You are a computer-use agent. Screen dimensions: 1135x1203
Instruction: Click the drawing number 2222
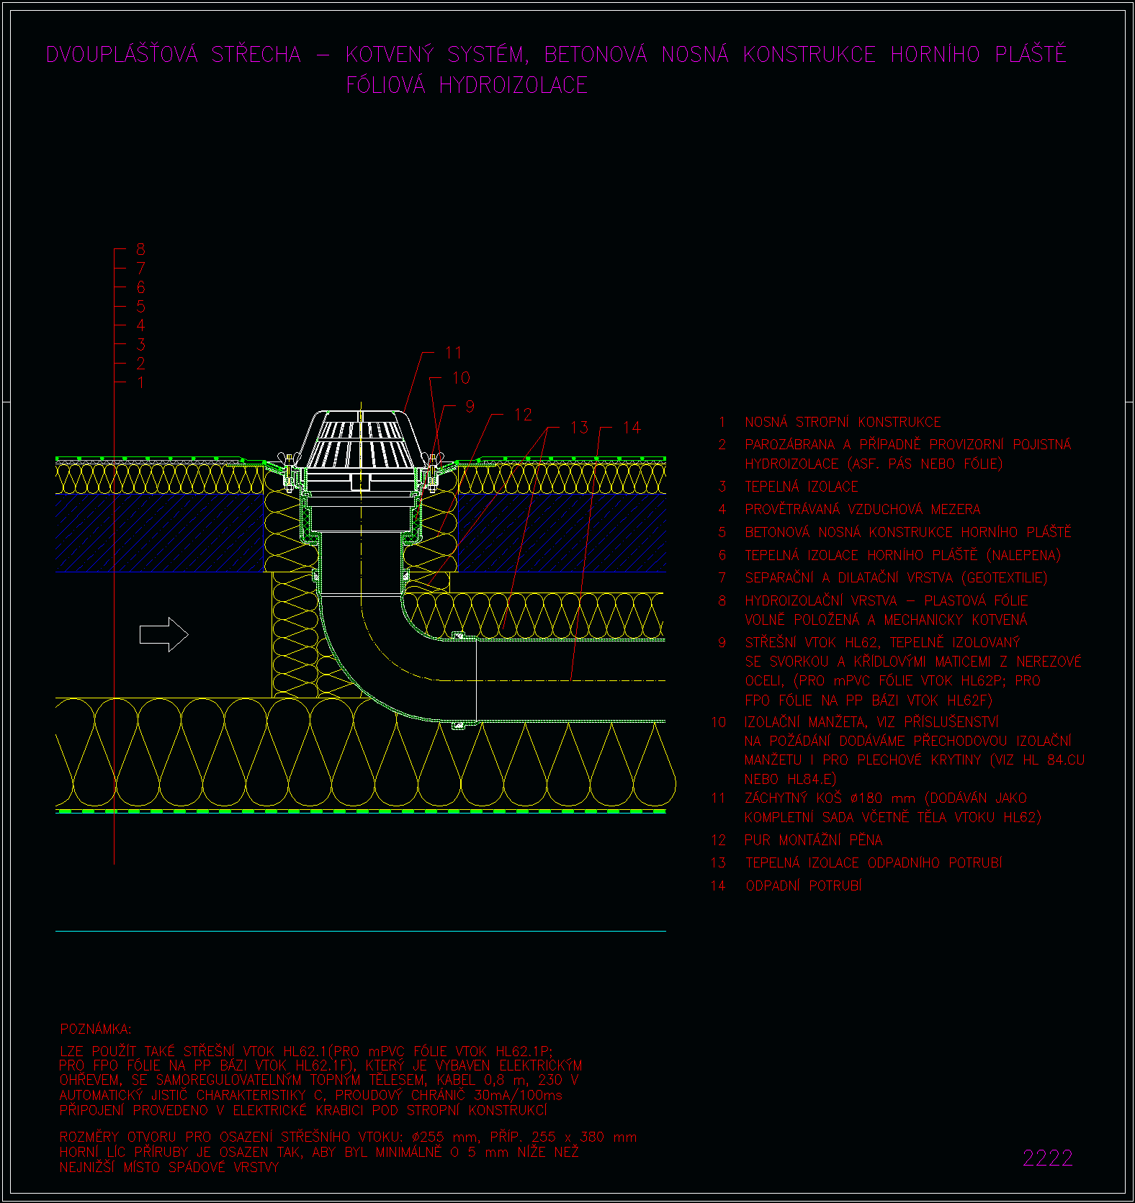pos(1048,1158)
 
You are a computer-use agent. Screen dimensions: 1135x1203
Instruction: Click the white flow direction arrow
pos(163,634)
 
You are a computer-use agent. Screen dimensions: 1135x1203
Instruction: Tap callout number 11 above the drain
pos(453,353)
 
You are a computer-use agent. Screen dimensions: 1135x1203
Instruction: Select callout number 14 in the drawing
pos(632,428)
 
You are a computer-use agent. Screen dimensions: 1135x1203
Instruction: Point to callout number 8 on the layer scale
pos(140,249)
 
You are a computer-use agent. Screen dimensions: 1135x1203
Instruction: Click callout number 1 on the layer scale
pos(140,382)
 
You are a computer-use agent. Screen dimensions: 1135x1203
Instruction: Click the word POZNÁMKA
pos(96,1029)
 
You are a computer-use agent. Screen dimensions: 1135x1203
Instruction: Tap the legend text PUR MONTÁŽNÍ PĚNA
pos(814,840)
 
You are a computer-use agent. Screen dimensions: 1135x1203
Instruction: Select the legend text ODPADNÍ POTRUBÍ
pos(804,886)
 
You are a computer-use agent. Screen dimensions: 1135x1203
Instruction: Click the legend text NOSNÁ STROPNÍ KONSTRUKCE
pos(843,422)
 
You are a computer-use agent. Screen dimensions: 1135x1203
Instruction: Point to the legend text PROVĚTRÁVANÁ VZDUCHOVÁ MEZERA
pos(863,510)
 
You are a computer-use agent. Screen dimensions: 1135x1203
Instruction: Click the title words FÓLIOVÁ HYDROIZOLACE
pos(467,85)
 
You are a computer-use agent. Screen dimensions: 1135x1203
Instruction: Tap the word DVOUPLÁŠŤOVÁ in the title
pos(122,54)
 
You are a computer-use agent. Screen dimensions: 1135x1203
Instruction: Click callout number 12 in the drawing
pos(523,415)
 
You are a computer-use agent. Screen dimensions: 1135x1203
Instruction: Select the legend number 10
pos(719,722)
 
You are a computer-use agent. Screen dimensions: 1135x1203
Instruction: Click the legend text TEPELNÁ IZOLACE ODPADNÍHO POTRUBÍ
pos(874,862)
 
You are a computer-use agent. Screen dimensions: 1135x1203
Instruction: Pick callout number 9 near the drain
pos(470,406)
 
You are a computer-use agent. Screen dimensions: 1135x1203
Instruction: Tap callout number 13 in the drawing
pos(579,428)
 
